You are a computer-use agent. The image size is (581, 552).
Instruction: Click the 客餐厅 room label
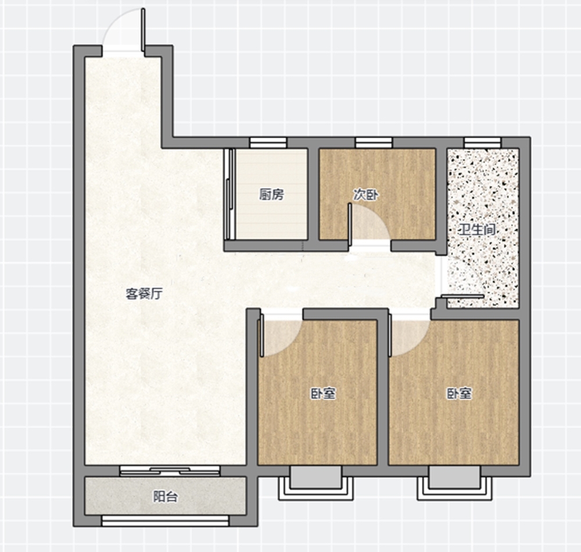144,294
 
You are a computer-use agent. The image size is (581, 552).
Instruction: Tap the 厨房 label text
271,195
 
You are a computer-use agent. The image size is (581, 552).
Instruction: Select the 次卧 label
366,195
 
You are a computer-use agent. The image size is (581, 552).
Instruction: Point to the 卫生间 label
477,230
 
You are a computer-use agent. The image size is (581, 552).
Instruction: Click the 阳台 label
166,497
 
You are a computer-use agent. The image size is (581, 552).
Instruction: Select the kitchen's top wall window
268,142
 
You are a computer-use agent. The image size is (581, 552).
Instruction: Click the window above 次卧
374,142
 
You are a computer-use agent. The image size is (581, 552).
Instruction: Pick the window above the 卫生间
482,142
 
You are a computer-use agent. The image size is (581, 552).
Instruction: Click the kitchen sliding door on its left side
231,194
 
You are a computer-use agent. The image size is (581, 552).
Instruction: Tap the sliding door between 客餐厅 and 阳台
170,471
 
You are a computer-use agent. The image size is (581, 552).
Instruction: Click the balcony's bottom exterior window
165,521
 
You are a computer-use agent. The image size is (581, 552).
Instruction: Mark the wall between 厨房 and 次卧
314,194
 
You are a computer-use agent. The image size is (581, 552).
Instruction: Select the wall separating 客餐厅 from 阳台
165,471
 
